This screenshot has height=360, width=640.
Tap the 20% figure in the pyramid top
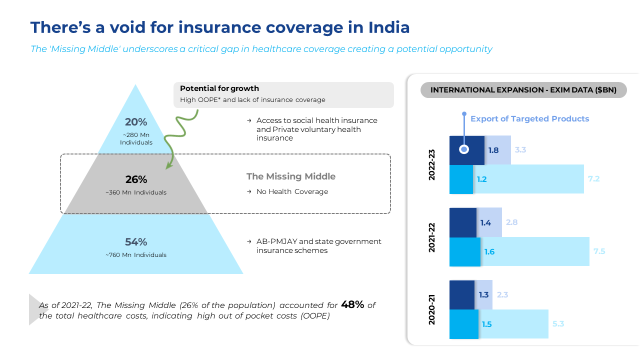[x=136, y=122]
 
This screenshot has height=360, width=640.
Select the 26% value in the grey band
[x=136, y=179]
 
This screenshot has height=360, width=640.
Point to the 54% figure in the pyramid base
[x=136, y=242]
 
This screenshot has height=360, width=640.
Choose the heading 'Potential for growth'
[x=219, y=88]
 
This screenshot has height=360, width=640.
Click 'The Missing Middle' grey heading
[x=291, y=176]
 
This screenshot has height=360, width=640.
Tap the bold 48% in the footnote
[x=352, y=304]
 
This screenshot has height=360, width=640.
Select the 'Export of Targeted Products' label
[x=529, y=119]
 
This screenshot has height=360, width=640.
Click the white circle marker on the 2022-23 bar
[x=464, y=149]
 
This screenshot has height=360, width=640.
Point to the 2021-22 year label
[x=432, y=237]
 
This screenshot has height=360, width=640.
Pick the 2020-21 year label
[x=432, y=309]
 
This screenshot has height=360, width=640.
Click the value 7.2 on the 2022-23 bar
[x=593, y=178]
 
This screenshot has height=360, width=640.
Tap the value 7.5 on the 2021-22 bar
[x=599, y=251]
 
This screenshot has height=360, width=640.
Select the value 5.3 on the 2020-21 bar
[x=558, y=324]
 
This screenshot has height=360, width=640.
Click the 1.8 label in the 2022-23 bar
[x=493, y=150]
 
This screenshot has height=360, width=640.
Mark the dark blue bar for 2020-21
[x=462, y=295]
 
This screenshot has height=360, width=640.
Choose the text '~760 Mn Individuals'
[x=136, y=255]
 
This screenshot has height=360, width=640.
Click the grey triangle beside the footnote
[x=35, y=309]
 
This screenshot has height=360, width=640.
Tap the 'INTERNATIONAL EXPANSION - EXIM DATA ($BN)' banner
[x=523, y=90]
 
